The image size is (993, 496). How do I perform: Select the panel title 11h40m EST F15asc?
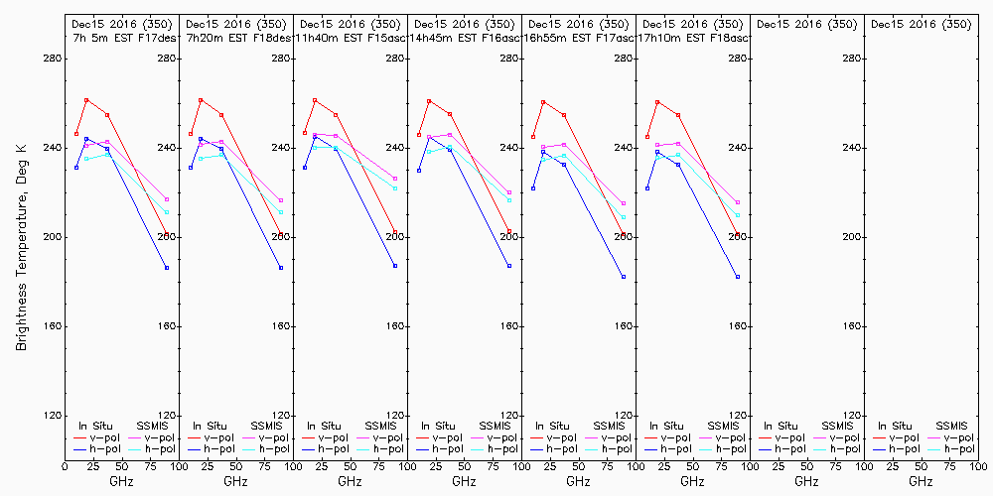tap(350, 38)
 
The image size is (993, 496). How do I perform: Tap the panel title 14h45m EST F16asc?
tap(464, 38)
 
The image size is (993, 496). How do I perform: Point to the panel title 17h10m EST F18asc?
tap(692, 38)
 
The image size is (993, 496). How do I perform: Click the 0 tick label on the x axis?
tap(65, 465)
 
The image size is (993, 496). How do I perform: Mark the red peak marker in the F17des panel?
tap(86, 100)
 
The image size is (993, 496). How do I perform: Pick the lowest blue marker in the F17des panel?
tap(167, 268)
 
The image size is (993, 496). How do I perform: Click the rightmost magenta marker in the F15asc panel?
tap(395, 179)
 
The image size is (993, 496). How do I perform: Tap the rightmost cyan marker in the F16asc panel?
tap(509, 200)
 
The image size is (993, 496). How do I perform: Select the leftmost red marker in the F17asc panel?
tap(533, 137)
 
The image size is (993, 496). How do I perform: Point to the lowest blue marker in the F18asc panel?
tap(738, 277)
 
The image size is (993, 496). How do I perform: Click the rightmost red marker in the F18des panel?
tap(281, 235)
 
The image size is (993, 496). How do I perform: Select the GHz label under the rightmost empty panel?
tap(921, 481)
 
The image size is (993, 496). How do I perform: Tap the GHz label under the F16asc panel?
tap(464, 481)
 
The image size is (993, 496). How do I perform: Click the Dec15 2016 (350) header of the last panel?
tap(921, 24)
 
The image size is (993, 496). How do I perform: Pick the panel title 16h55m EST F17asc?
tap(578, 38)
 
